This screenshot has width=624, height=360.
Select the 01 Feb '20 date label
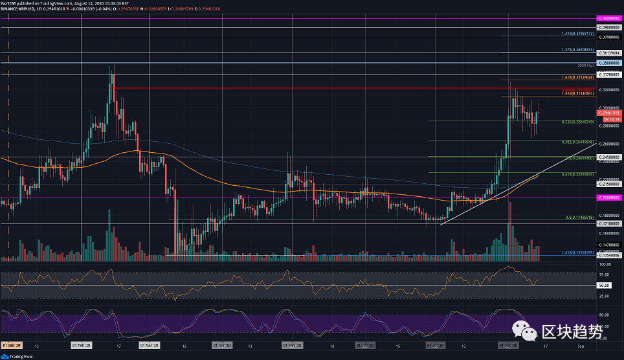tap(81, 346)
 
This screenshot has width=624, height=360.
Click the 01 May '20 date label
tap(289, 346)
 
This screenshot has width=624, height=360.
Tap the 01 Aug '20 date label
tap(509, 346)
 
